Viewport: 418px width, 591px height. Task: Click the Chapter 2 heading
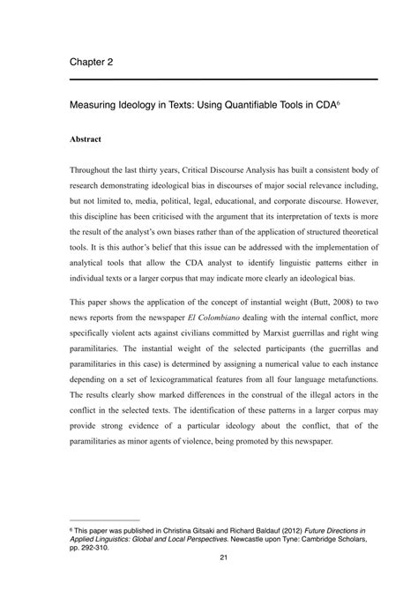coord(91,62)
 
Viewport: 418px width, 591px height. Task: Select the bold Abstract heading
coord(86,139)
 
